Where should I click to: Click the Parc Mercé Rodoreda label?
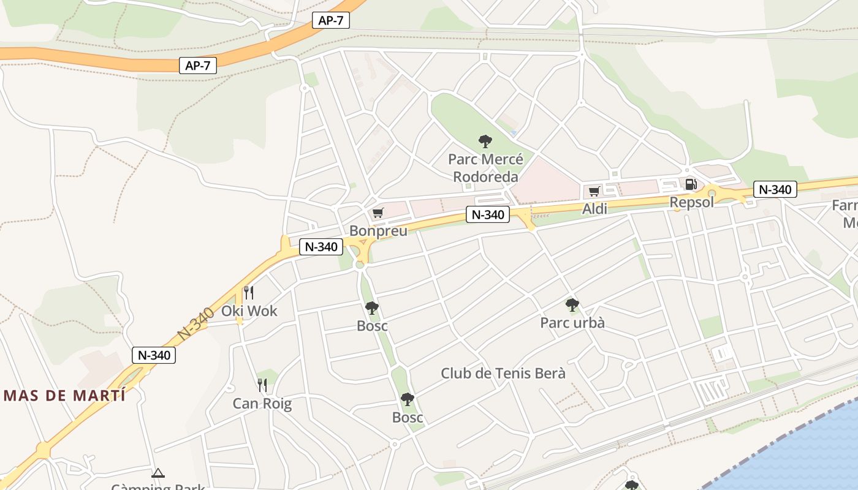[485, 168]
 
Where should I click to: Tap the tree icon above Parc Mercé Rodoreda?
[485, 141]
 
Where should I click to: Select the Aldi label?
[594, 209]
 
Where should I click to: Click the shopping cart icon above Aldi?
[594, 191]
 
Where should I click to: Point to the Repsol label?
[691, 202]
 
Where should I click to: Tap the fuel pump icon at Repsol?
[691, 184]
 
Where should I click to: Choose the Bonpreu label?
[378, 231]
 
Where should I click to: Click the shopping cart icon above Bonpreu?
[378, 213]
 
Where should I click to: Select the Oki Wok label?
[249, 311]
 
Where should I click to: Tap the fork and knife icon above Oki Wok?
[248, 292]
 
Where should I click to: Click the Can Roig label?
[262, 404]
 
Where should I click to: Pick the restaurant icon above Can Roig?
[262, 385]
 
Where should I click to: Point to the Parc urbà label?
[572, 322]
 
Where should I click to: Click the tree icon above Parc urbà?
[572, 304]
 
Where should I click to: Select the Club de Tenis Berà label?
[503, 373]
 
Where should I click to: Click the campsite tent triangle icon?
[158, 473]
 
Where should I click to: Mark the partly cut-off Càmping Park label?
[158, 486]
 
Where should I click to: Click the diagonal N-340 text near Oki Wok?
[196, 323]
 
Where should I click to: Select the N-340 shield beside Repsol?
[775, 189]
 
